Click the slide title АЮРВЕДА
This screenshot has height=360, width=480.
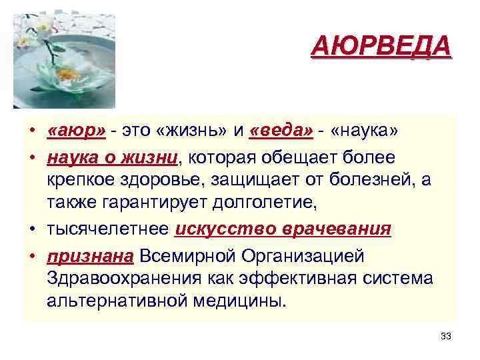click(x=381, y=48)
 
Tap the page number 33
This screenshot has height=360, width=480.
click(x=446, y=336)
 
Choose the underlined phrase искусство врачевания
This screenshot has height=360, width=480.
click(x=283, y=229)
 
